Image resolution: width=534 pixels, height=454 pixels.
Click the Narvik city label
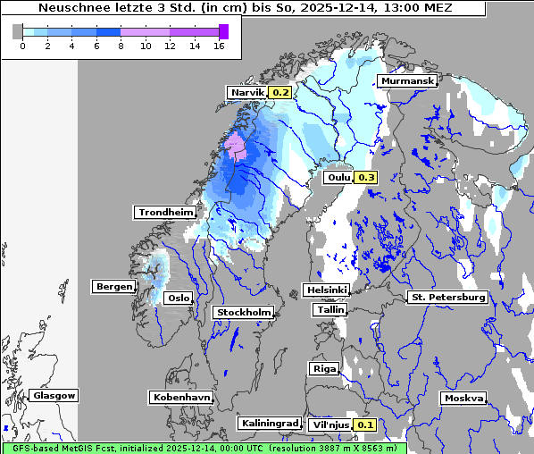pyautogui.click(x=247, y=93)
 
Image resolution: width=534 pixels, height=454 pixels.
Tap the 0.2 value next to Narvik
pyautogui.click(x=280, y=93)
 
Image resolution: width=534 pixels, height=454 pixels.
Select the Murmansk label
pyautogui.click(x=407, y=81)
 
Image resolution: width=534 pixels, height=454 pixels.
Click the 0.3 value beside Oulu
pyautogui.click(x=366, y=177)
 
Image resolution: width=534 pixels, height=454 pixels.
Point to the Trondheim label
pyautogui.click(x=165, y=213)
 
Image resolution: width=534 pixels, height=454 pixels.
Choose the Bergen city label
pyautogui.click(x=113, y=287)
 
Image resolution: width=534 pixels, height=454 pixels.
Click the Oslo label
pyautogui.click(x=179, y=298)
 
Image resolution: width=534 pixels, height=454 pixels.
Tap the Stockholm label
pyautogui.click(x=243, y=312)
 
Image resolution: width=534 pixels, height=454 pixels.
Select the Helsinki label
pyautogui.click(x=326, y=290)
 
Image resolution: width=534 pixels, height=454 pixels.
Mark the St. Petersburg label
pyautogui.click(x=446, y=297)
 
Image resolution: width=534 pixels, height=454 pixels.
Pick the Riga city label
pyautogui.click(x=323, y=368)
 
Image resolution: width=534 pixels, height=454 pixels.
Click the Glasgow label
pyautogui.click(x=54, y=395)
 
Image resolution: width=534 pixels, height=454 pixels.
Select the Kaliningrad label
pyautogui.click(x=269, y=423)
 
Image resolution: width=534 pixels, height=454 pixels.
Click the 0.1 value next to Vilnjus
pyautogui.click(x=365, y=425)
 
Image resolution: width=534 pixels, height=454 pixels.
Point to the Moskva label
pyautogui.click(x=463, y=398)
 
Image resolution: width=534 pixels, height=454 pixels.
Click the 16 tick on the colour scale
pyautogui.click(x=219, y=46)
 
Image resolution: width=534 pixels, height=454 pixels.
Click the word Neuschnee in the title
pyautogui.click(x=72, y=8)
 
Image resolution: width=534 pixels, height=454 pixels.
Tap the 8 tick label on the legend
pyautogui.click(x=121, y=46)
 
